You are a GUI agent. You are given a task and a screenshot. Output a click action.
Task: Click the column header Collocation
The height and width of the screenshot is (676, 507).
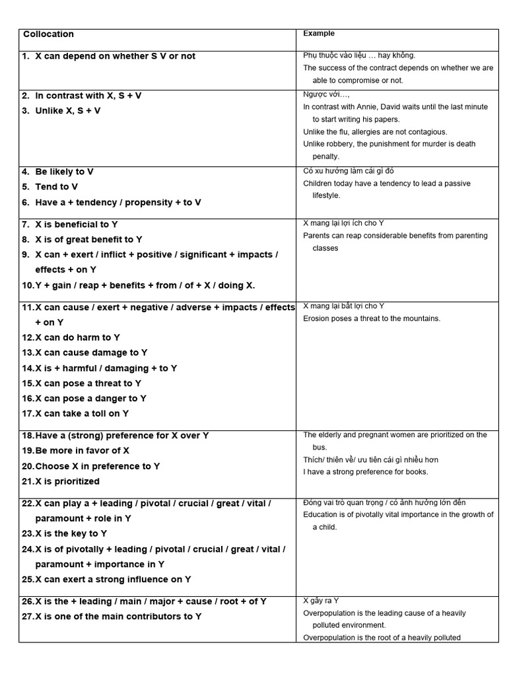click(48, 34)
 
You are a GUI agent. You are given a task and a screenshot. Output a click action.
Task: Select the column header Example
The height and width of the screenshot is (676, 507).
click(319, 33)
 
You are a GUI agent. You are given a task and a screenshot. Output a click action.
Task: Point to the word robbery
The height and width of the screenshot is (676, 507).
click(341, 144)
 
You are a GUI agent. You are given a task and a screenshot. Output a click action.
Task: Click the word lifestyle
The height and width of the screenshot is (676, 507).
click(327, 196)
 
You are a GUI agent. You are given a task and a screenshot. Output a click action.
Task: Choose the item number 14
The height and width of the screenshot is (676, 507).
click(28, 368)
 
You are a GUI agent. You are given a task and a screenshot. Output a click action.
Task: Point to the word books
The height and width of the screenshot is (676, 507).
click(416, 472)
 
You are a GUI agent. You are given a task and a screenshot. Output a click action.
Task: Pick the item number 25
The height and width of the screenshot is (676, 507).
click(28, 580)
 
